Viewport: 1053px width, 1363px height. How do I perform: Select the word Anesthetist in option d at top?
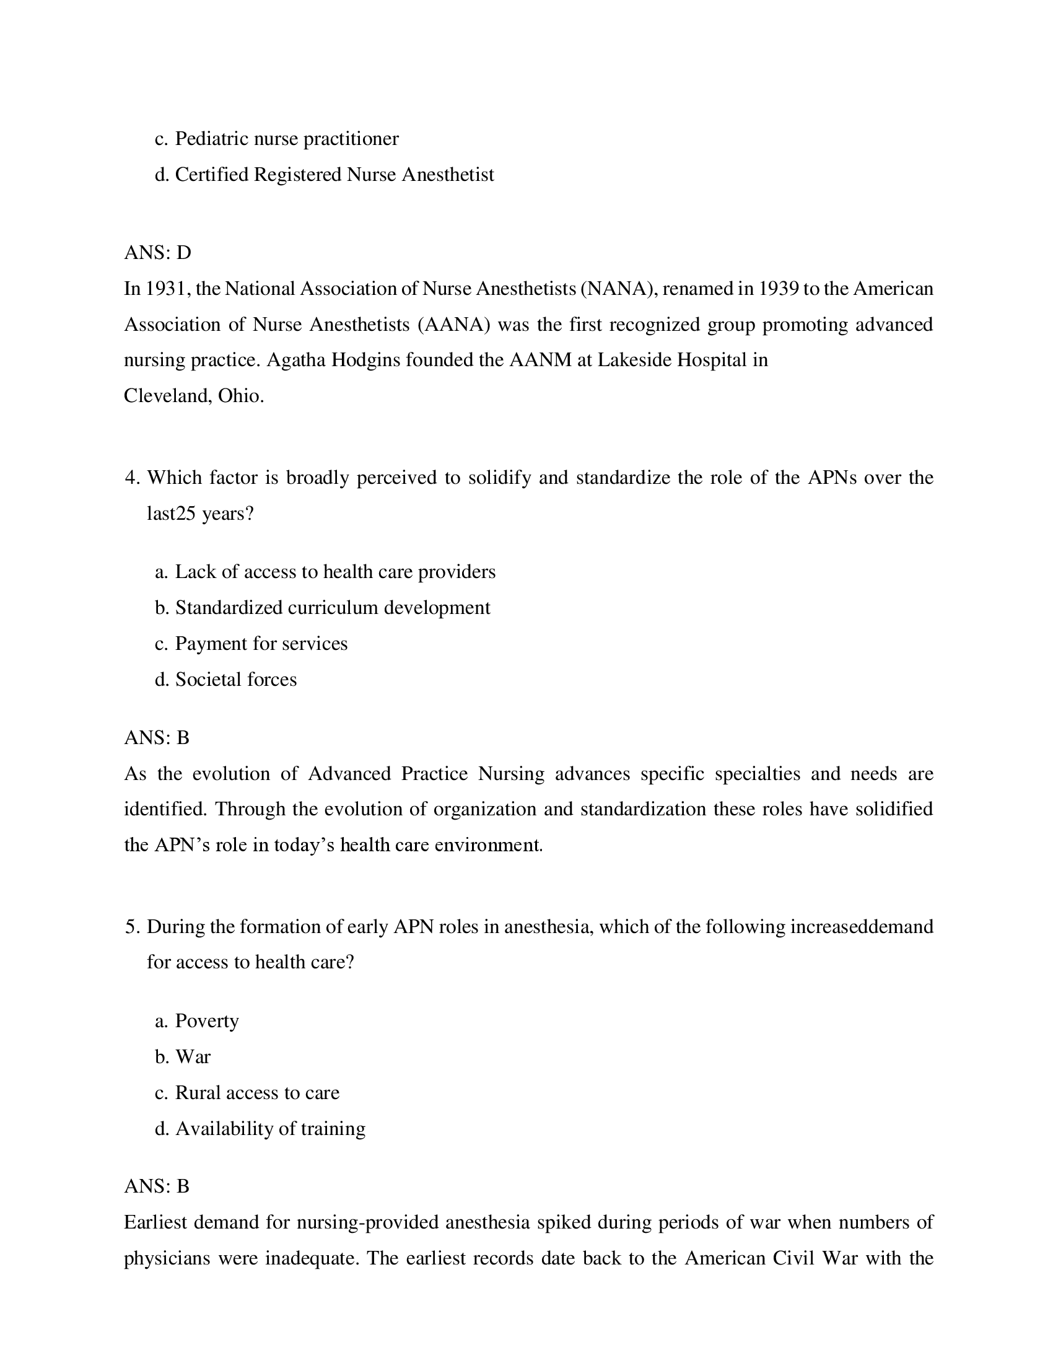tap(447, 175)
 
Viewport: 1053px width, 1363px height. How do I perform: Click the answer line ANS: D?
tap(157, 253)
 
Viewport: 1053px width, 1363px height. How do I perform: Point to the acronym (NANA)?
tap(616, 289)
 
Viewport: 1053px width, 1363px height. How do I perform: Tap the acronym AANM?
tap(540, 360)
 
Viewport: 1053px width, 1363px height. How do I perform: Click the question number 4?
tap(131, 478)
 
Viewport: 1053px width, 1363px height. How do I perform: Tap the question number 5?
tap(131, 926)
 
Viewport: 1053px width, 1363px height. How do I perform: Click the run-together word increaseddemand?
tap(861, 926)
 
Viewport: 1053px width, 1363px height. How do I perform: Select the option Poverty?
tap(206, 1021)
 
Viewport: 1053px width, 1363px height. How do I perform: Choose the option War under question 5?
tap(193, 1056)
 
